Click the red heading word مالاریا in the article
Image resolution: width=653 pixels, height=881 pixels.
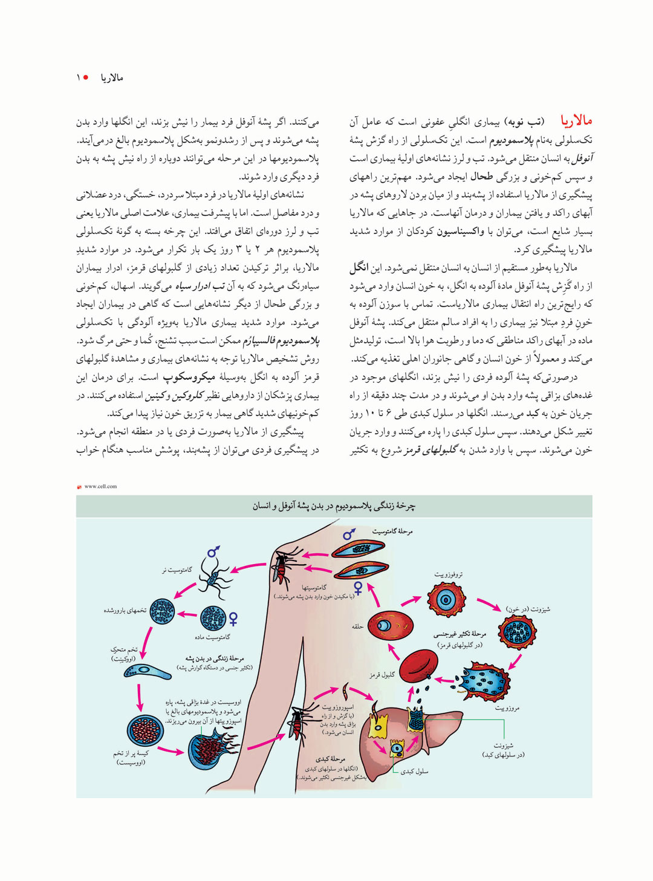point(576,121)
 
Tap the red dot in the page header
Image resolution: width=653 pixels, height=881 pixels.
point(86,77)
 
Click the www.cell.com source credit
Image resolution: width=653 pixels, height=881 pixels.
point(100,486)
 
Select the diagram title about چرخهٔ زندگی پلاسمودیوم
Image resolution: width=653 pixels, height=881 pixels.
point(334,506)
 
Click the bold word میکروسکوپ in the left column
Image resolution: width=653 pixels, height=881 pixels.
point(189,377)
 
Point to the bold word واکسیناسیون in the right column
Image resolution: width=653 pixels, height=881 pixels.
point(461,231)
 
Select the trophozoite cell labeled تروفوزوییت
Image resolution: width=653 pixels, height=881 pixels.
point(446,599)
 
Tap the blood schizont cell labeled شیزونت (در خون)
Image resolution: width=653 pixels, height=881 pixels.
point(517,632)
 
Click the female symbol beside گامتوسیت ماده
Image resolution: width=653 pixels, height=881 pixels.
point(233,619)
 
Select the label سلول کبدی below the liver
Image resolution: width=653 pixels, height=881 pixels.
point(414,772)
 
